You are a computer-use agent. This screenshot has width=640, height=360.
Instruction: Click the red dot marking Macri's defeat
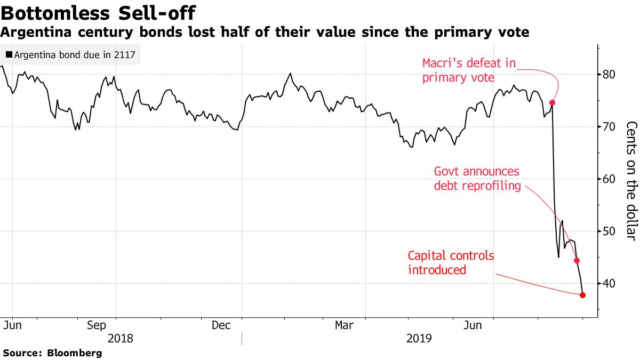tap(553, 103)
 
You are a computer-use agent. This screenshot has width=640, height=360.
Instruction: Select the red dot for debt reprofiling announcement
tap(577, 261)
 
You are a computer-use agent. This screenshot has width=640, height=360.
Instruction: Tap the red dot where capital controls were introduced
tap(582, 295)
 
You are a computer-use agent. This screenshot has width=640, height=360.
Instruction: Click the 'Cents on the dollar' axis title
tap(631, 181)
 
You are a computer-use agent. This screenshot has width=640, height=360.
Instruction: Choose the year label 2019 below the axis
tap(420, 339)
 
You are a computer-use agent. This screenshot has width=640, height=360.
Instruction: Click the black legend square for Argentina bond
tap(9, 54)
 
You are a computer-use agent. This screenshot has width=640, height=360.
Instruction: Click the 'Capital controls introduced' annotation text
tap(451, 263)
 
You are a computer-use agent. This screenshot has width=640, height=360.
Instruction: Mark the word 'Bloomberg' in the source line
tap(75, 353)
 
